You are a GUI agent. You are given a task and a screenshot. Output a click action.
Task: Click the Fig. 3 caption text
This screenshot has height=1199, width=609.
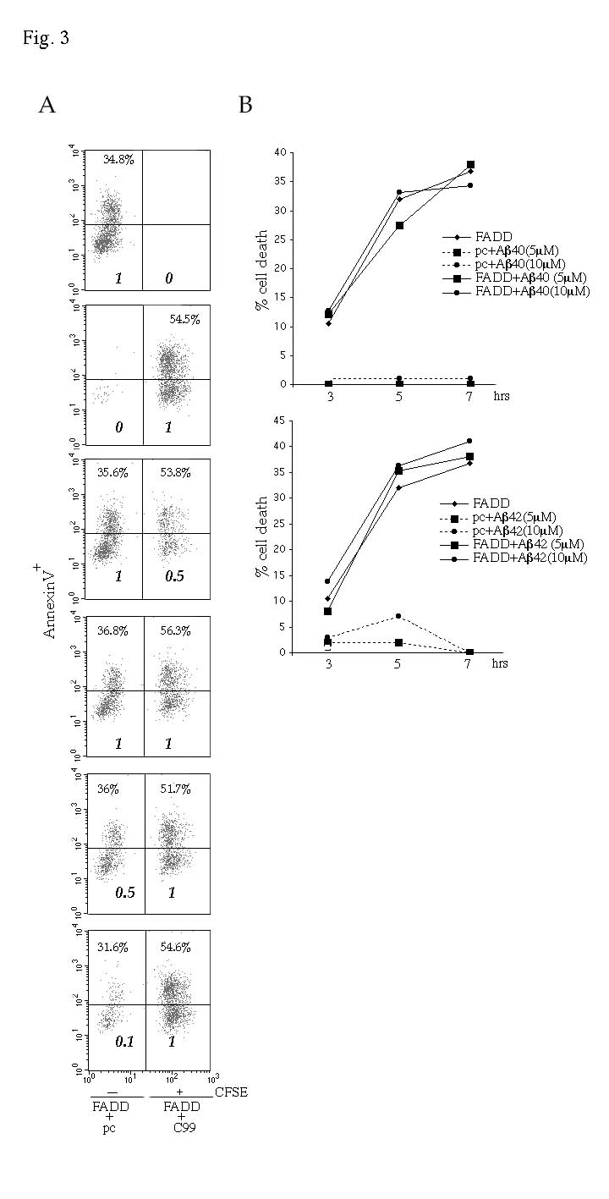(x=46, y=38)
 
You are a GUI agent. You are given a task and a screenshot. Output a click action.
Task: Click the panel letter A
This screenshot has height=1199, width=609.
(x=47, y=106)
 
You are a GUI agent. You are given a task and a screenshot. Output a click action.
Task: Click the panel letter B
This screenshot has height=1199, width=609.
(x=245, y=106)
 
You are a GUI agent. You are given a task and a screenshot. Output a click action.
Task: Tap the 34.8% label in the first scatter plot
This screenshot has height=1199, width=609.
(x=118, y=160)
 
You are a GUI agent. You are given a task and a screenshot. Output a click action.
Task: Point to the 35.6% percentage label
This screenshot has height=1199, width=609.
(x=112, y=473)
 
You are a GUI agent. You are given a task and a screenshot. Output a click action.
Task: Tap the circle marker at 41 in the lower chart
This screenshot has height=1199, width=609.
(x=469, y=441)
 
